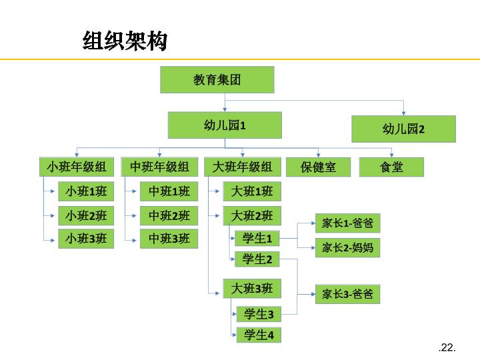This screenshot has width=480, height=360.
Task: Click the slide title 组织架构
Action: (x=124, y=41)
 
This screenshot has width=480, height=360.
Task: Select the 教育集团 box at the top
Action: (x=217, y=80)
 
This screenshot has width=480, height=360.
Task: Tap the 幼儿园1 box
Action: (x=225, y=125)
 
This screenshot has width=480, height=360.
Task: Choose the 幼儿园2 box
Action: (x=403, y=129)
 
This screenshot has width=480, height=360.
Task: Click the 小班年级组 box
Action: (x=77, y=167)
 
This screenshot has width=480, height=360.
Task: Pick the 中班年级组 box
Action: (x=159, y=167)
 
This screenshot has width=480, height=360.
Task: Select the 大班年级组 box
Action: (x=242, y=167)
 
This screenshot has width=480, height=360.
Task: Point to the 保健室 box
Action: (x=318, y=167)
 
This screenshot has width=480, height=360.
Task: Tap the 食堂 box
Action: (x=391, y=167)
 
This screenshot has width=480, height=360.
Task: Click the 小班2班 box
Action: (x=86, y=215)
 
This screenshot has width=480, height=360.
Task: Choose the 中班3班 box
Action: (x=169, y=238)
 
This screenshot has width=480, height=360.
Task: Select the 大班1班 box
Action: (x=252, y=192)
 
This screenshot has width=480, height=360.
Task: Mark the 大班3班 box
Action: (x=252, y=288)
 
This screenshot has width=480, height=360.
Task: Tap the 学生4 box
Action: (x=259, y=335)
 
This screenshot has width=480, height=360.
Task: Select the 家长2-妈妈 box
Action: (x=347, y=247)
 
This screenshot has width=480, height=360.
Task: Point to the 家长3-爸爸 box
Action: (x=347, y=293)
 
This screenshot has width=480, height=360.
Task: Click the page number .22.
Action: (x=447, y=347)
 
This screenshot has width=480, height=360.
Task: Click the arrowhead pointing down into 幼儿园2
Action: (x=403, y=113)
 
